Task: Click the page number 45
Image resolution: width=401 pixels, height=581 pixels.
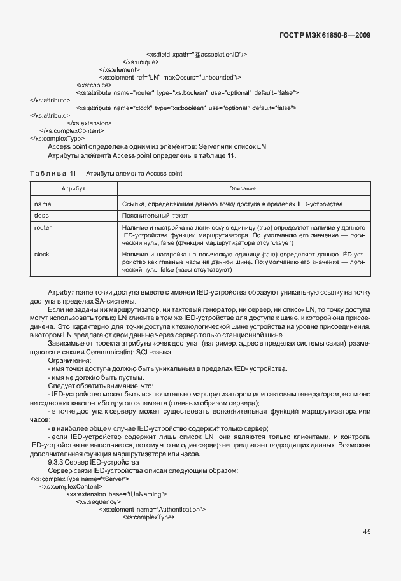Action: tap(367, 532)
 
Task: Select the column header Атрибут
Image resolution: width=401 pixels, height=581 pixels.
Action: tap(73, 190)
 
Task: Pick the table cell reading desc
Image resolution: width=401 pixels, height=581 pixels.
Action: tap(41, 216)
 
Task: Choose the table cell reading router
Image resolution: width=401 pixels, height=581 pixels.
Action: tap(43, 227)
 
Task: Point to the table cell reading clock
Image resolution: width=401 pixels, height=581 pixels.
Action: tap(42, 254)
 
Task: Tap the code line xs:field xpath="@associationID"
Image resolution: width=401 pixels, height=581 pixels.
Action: tap(197, 55)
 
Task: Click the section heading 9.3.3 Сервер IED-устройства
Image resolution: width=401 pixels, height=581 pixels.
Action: tap(93, 462)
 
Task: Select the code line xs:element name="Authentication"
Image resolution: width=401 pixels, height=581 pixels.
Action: tap(152, 509)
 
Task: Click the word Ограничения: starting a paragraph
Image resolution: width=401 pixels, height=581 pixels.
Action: tap(69, 360)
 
